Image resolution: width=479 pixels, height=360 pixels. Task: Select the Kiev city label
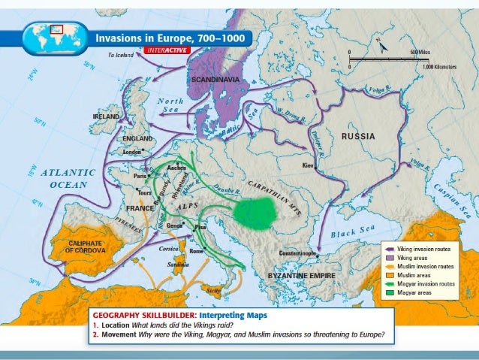pyautogui.click(x=307, y=164)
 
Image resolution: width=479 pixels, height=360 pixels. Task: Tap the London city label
pyautogui.click(x=132, y=152)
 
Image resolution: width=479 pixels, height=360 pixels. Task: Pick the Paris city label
pyautogui.click(x=140, y=176)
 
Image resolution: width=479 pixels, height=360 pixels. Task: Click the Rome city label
pyautogui.click(x=197, y=250)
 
